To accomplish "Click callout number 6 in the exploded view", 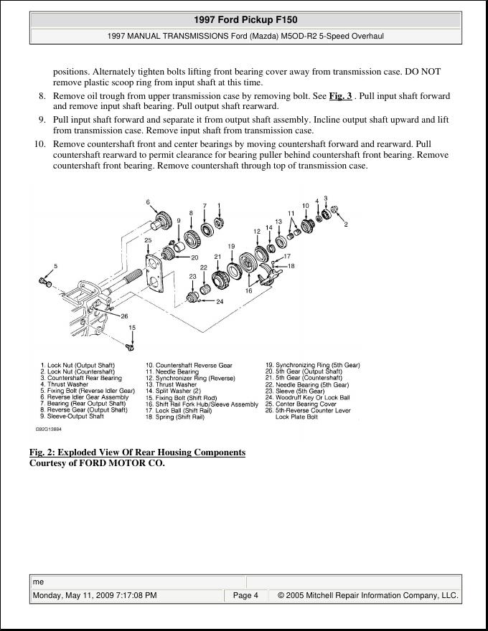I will click(x=148, y=202).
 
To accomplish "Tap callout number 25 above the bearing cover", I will click(x=148, y=240).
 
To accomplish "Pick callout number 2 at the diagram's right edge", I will click(x=346, y=224).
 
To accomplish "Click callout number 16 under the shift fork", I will click(x=248, y=291).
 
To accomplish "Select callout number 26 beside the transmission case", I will click(x=124, y=315).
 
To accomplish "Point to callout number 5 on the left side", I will click(x=55, y=267).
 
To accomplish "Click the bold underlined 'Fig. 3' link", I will click(x=340, y=95).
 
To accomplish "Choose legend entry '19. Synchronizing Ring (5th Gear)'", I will click(x=312, y=365).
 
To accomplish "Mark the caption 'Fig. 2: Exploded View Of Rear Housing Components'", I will click(x=137, y=452).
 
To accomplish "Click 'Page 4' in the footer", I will click(x=245, y=595).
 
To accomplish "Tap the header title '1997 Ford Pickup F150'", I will click(x=245, y=20).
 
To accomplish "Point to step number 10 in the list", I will click(x=40, y=144).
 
